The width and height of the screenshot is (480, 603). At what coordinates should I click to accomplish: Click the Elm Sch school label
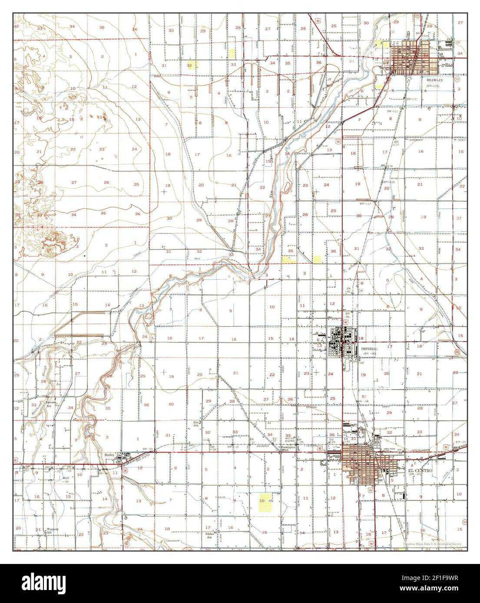click(196, 423)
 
